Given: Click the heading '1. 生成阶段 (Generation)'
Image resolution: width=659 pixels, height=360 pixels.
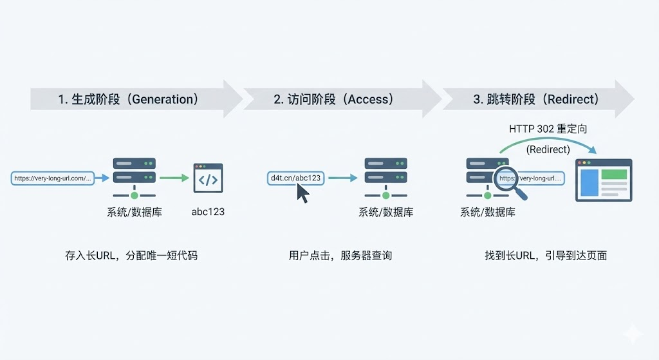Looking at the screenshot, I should click(127, 99).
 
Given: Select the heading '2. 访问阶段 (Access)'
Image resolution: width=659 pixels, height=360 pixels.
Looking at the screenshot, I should click(333, 99).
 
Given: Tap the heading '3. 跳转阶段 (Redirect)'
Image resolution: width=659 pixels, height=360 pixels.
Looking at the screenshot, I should click(536, 99).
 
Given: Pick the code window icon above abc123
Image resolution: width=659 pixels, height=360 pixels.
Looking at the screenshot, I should click(208, 178).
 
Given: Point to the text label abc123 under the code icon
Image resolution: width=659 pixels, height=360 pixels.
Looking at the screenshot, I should click(208, 211).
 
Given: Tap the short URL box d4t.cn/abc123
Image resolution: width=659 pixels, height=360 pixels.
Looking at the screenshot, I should click(295, 178).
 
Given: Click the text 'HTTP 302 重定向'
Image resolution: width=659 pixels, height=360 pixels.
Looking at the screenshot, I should click(548, 129).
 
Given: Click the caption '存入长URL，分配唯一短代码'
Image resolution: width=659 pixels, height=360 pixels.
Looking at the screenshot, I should click(131, 256).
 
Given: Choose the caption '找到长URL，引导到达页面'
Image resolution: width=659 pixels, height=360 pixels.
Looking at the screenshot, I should click(546, 256).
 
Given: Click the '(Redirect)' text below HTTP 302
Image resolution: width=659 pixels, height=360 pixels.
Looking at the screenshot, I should click(548, 149).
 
